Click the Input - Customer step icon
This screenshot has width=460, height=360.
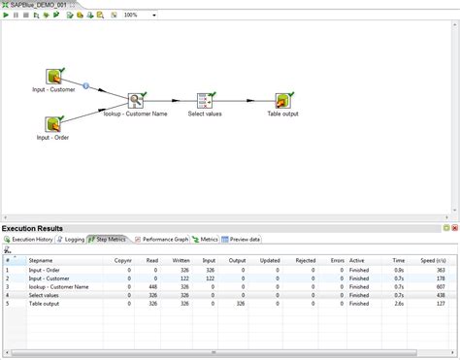coord(55,77)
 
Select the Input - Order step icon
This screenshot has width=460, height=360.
coord(55,123)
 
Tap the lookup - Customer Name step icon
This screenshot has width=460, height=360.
coord(136,100)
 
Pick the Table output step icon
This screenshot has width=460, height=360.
coord(282,100)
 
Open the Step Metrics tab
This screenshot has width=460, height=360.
coord(111,238)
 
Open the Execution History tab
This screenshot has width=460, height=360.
coord(32,238)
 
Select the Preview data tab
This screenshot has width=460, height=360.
coord(242,238)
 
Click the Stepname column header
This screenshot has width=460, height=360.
coord(42,260)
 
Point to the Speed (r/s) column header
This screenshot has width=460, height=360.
coord(432,260)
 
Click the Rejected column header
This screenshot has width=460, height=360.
coord(306,260)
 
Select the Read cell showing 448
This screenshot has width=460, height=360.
coord(152,286)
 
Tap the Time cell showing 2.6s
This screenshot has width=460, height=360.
coord(399,304)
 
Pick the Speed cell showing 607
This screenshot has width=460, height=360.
coord(439,286)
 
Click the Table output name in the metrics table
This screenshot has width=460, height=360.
coord(49,304)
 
